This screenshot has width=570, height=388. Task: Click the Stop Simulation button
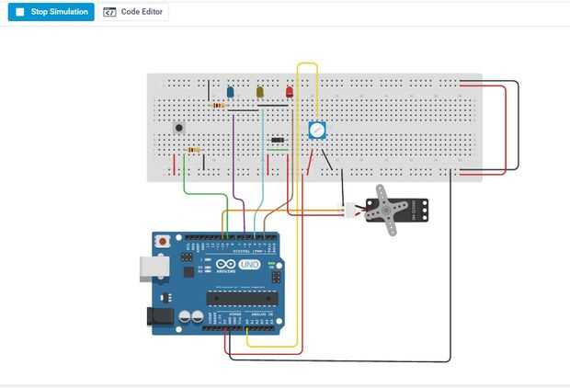pyautogui.click(x=51, y=13)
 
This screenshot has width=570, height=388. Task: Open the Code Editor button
pyautogui.click(x=134, y=13)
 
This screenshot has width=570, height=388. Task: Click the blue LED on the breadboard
pyautogui.click(x=230, y=92)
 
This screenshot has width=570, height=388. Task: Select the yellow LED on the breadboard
pyautogui.click(x=260, y=92)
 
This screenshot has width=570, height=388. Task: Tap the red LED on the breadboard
pyautogui.click(x=289, y=92)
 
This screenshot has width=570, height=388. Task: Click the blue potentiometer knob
pyautogui.click(x=317, y=131)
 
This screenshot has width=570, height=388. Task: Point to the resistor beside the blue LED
pyautogui.click(x=218, y=106)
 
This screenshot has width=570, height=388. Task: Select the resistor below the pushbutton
pyautogui.click(x=193, y=149)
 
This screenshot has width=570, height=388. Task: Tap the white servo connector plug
pyautogui.click(x=350, y=211)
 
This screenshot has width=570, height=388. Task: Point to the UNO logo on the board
pyautogui.click(x=249, y=265)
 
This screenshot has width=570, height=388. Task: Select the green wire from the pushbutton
pyautogui.click(x=185, y=184)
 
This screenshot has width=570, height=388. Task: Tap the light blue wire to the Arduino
pyautogui.click(x=264, y=165)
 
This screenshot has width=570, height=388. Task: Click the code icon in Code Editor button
pyautogui.click(x=110, y=13)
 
